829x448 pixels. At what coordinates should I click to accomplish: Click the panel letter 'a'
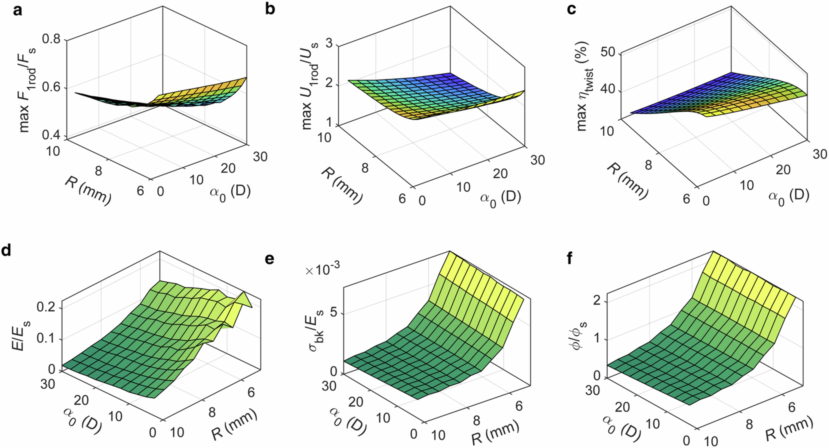(17, 11)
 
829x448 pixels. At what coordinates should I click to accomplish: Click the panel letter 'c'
(571, 10)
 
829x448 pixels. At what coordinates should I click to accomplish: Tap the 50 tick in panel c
(608, 51)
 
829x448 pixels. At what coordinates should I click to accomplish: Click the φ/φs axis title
(581, 338)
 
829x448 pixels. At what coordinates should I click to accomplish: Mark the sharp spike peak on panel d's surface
(244, 293)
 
